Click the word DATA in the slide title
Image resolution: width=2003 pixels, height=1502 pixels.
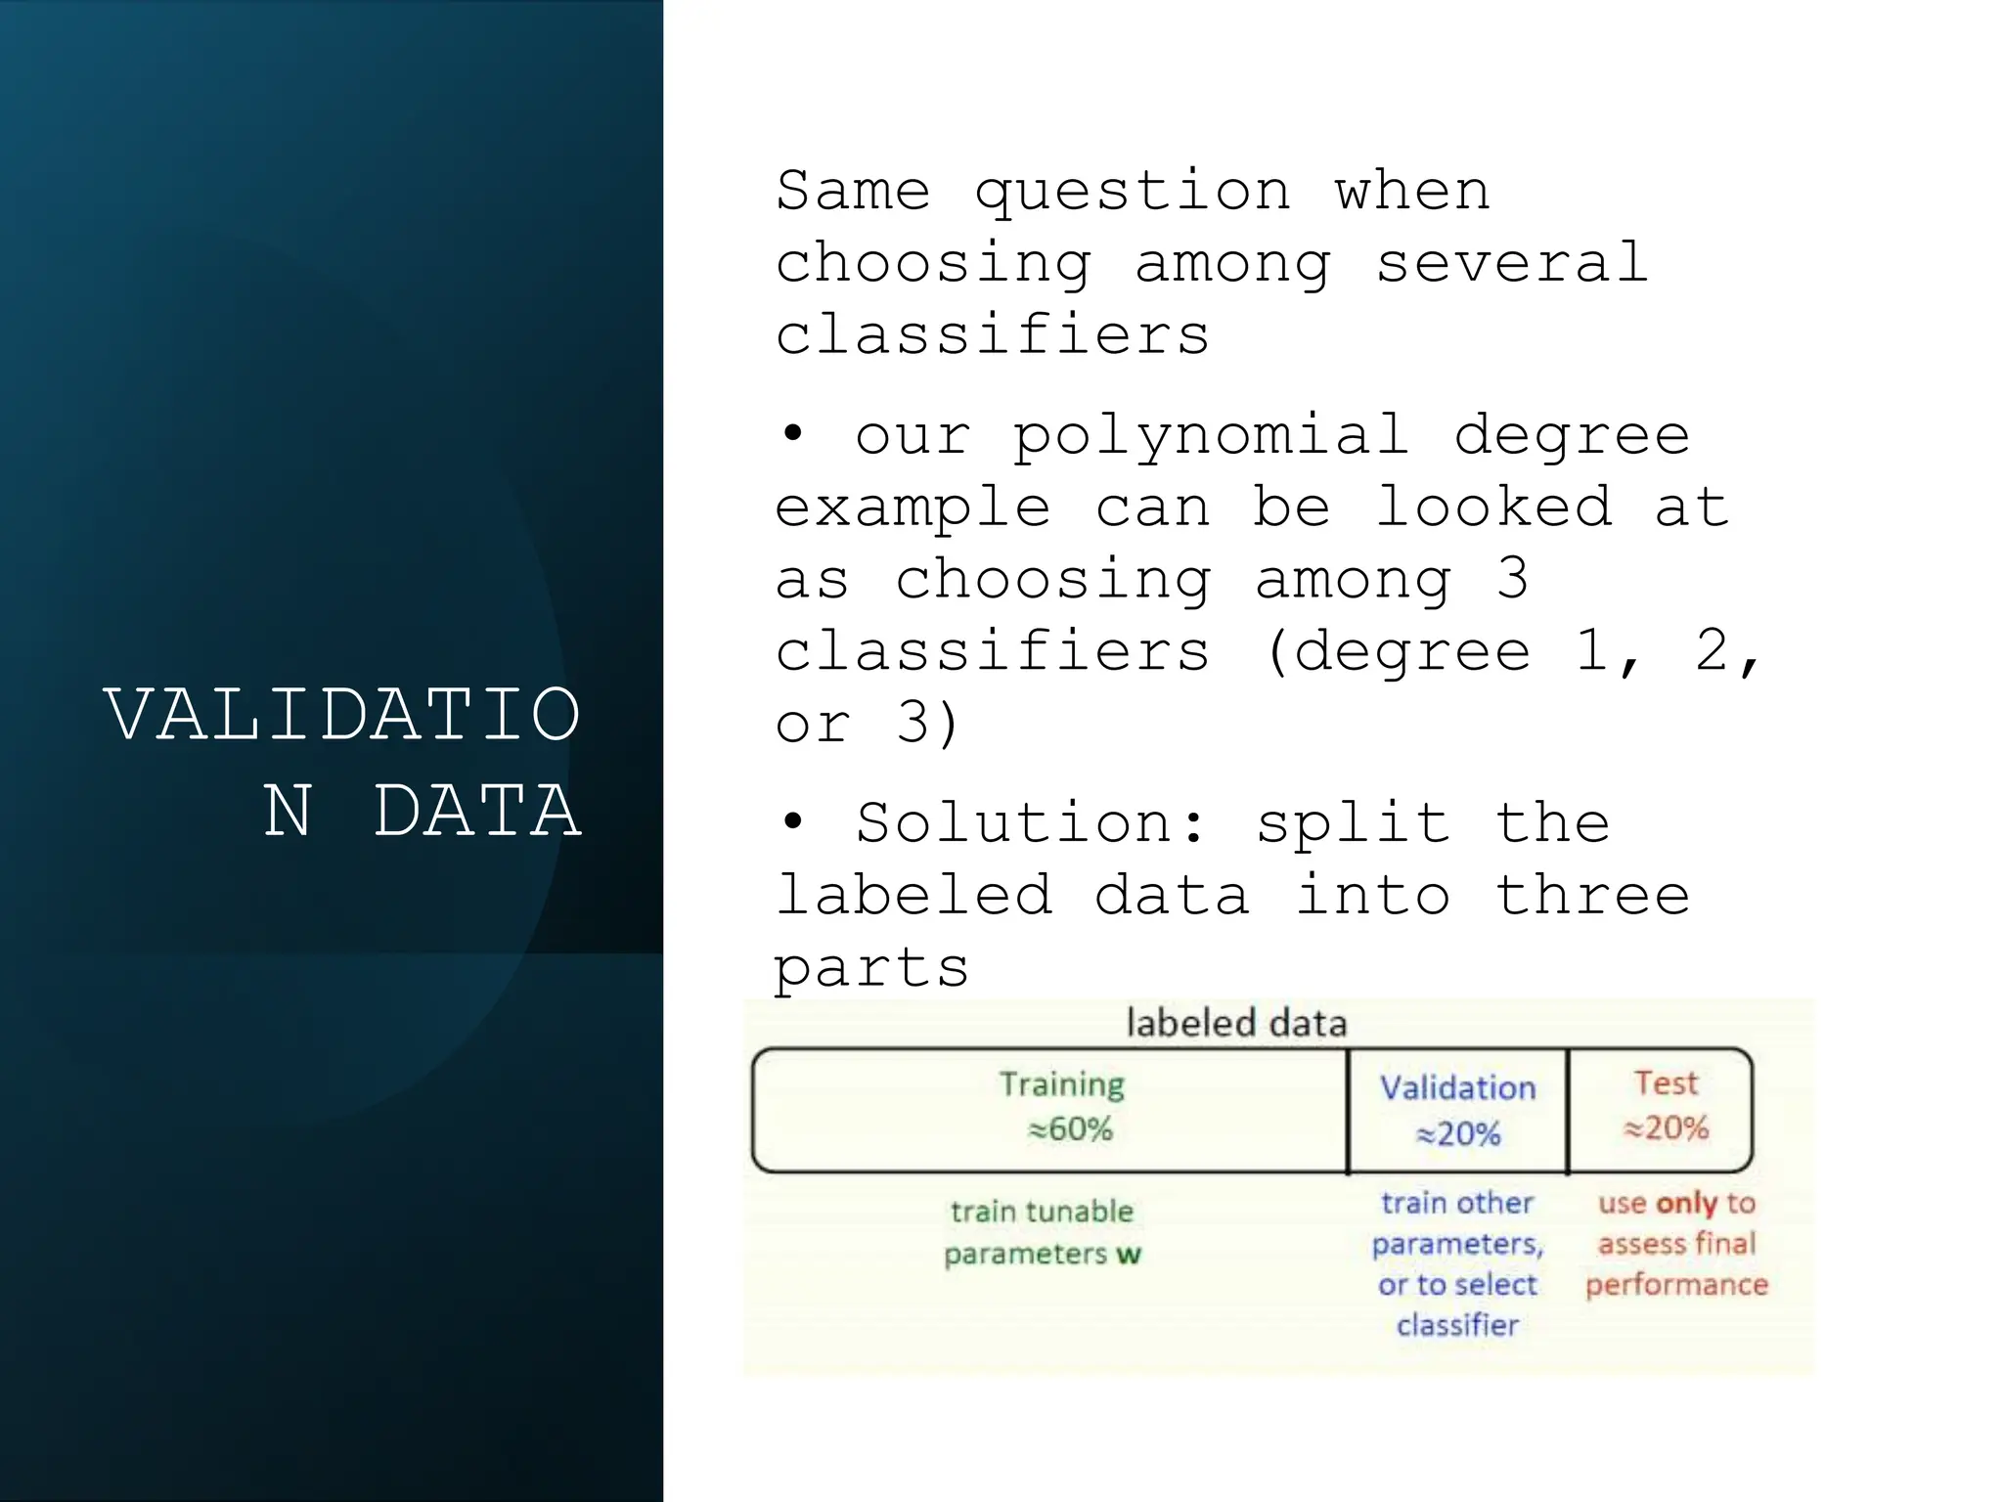[478, 812]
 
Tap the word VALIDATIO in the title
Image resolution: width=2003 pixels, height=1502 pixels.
[342, 715]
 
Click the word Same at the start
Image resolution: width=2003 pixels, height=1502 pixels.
[853, 191]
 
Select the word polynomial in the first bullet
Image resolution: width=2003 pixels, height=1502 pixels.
[1211, 436]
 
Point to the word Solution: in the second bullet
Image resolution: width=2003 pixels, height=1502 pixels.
[1032, 823]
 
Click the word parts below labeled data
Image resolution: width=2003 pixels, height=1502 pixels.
[871, 968]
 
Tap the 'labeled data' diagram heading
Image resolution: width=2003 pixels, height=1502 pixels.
[1236, 1024]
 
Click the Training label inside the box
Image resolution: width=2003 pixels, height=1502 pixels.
[1062, 1084]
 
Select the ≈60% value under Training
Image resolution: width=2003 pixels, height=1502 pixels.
[1070, 1129]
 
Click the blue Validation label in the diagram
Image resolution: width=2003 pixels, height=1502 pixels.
[1457, 1088]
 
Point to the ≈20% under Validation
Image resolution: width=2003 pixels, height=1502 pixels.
[1458, 1134]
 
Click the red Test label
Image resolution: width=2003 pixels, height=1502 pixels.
[1666, 1083]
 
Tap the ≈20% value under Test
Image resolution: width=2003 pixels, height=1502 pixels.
[1666, 1128]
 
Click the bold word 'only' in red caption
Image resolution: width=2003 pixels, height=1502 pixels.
[1687, 1203]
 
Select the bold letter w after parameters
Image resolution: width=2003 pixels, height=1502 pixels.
[1129, 1255]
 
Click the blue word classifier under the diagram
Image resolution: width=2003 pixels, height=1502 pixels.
[1457, 1326]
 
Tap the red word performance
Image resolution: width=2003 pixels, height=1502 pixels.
[1676, 1285]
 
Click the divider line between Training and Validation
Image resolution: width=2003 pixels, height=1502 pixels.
[1348, 1111]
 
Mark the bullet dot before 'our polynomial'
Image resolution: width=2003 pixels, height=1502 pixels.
[792, 434]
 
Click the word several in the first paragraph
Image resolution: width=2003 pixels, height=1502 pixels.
[1512, 263]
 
